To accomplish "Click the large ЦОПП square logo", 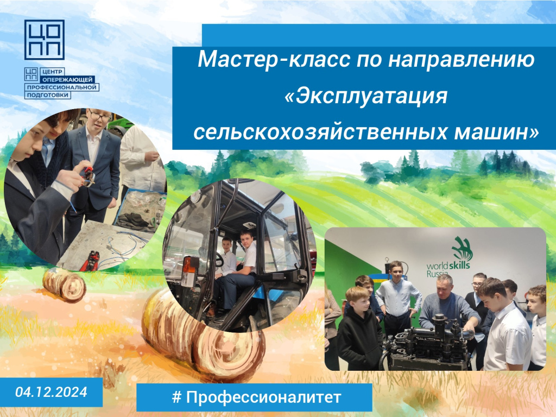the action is pos(45,40).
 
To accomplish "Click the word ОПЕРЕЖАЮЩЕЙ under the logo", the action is pos(67,79).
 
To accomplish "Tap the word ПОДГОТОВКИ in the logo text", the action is pos(48,95).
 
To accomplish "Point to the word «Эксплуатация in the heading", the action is pos(366,96).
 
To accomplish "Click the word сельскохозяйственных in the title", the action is pos(320,132).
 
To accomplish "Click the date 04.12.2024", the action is pos(52,392).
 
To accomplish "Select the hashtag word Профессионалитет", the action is pos(263,397).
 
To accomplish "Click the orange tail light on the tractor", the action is pos(191,267).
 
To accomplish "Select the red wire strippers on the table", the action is pos(90,260).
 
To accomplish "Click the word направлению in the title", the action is pos(462,60).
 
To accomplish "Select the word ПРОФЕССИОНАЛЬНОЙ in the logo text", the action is pos(62,87).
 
